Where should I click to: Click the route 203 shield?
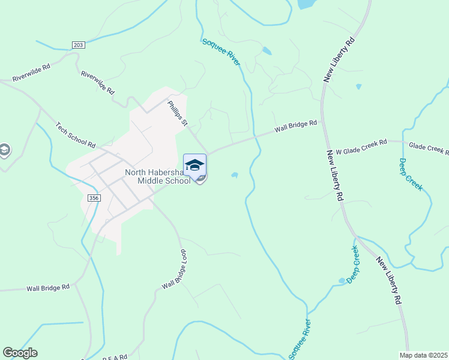[x=78, y=45]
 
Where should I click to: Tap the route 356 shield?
[x=92, y=198]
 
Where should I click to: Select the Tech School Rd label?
[x=76, y=135]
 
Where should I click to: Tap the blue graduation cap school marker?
[x=195, y=166]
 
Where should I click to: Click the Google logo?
[x=20, y=353]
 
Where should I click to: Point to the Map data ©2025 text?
[x=423, y=355]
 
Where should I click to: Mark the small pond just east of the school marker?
[x=234, y=175]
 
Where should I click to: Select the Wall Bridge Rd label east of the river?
[x=295, y=127]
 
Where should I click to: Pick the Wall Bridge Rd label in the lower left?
[x=48, y=288]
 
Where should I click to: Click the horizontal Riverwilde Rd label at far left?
[x=31, y=79]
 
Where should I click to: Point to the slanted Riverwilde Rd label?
[x=98, y=82]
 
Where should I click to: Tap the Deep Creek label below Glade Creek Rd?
[x=411, y=175]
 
